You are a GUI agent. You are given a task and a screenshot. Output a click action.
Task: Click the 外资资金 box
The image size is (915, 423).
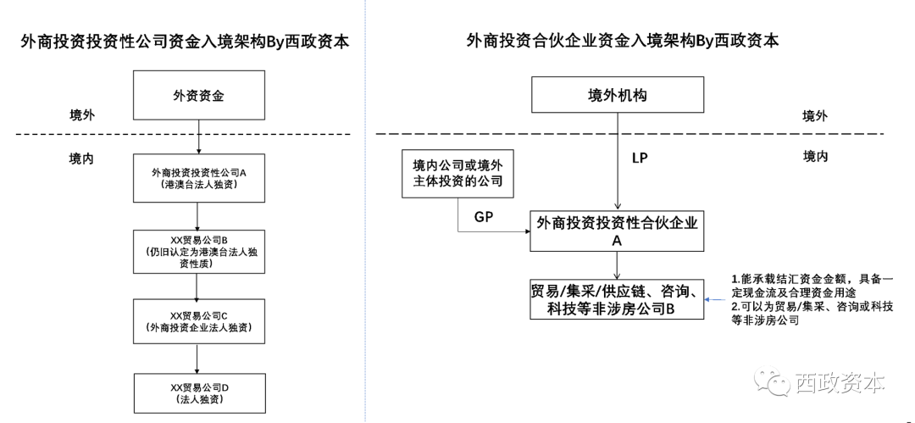(198, 95)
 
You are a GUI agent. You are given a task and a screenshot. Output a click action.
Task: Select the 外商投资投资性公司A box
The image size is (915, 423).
(198, 177)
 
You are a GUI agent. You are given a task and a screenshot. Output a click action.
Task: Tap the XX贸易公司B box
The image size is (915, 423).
(198, 250)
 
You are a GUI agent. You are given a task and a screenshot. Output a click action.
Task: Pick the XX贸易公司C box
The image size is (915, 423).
(198, 320)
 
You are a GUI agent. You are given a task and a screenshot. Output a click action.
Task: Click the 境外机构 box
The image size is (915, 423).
(617, 95)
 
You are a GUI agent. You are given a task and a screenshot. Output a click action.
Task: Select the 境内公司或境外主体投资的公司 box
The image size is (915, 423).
(457, 173)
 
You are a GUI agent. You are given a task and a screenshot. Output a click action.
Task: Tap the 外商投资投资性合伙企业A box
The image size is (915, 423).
(617, 231)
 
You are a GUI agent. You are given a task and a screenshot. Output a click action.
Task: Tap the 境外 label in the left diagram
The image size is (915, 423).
(83, 114)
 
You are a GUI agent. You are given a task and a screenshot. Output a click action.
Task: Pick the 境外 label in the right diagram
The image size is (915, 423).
(815, 116)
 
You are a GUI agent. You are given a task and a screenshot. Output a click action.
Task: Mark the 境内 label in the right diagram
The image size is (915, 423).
(815, 156)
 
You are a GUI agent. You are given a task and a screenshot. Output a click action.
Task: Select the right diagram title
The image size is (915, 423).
(622, 40)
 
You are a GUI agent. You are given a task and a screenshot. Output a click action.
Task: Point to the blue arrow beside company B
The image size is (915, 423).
(716, 298)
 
